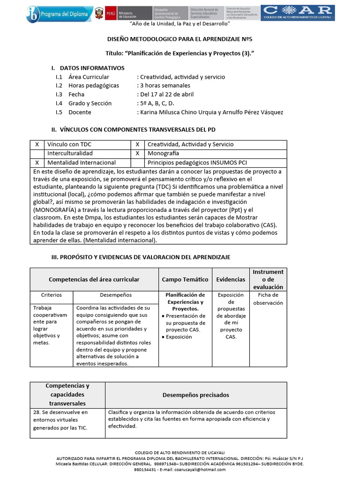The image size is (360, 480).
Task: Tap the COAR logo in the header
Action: (298, 13)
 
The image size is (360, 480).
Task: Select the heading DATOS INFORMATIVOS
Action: (92, 68)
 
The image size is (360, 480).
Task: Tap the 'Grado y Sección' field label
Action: (90, 104)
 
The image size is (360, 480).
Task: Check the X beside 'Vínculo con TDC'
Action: (37, 145)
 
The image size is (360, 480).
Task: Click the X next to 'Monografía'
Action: (137, 154)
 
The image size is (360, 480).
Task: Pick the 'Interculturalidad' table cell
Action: (70, 154)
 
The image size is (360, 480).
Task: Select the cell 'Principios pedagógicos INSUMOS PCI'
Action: (197, 163)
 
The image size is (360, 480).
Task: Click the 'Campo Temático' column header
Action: (185, 279)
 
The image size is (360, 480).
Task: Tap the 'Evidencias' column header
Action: (230, 279)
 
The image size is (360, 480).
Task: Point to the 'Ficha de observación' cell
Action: (268, 299)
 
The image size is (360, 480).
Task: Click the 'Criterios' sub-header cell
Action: (52, 295)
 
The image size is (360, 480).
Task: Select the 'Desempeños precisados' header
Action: (195, 395)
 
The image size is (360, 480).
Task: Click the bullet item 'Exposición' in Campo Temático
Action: (179, 337)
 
